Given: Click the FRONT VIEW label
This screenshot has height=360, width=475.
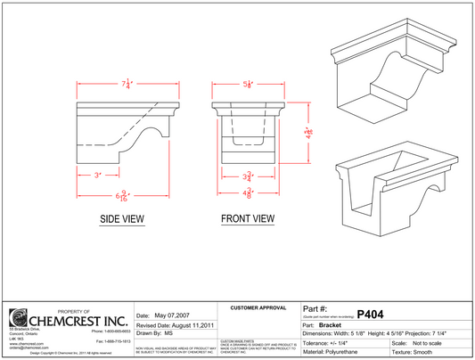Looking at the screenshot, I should [248, 217].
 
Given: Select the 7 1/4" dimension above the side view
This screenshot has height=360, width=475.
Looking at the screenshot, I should [128, 85].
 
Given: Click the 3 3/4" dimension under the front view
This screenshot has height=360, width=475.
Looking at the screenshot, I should [250, 176].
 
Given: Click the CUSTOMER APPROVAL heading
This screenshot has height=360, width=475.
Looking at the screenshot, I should [257, 308].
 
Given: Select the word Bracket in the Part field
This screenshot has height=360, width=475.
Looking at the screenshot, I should [344, 325].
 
